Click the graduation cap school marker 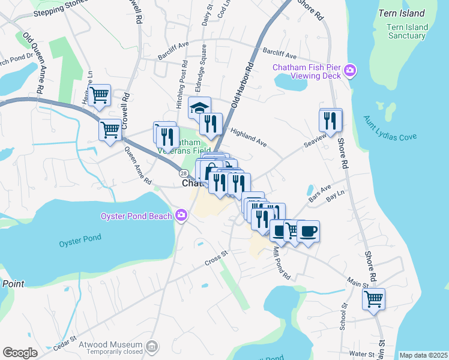point(199,108)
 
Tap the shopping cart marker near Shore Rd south point(373,298)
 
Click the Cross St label point(217,258)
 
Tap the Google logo point(20,353)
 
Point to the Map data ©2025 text point(423,355)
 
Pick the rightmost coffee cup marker point(308,232)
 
